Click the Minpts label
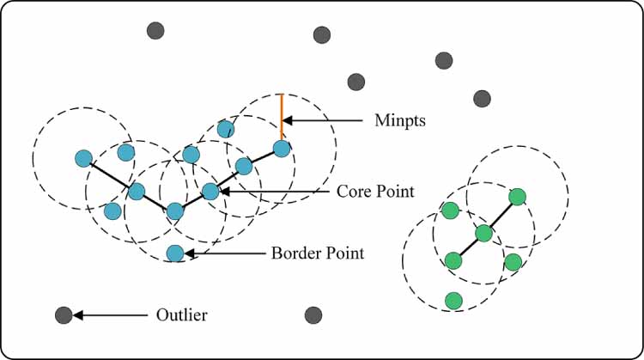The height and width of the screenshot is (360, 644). point(401,121)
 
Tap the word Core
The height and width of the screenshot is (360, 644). point(352,191)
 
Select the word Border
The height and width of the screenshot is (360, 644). point(294,253)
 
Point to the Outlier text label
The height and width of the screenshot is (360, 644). point(182,315)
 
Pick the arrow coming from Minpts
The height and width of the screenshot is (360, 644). point(325,121)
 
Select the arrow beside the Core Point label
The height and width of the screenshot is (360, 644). point(274,191)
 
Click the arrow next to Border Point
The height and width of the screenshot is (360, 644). point(225,253)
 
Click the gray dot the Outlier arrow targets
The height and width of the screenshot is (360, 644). point(63,315)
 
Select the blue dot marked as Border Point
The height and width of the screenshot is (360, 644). point(175,253)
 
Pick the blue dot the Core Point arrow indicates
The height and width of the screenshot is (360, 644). point(210,191)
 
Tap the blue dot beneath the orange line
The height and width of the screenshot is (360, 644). point(281,149)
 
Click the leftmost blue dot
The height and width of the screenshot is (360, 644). point(83,158)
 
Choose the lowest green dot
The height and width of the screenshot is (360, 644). point(453,300)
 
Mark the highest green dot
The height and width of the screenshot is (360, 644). point(517,197)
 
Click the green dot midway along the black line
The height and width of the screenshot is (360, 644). point(483,233)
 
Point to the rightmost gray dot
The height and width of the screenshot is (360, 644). point(483,99)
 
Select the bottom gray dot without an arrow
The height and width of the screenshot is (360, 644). point(313,315)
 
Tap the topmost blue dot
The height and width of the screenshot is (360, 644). point(225,130)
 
